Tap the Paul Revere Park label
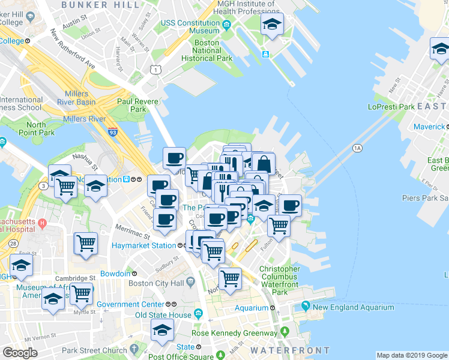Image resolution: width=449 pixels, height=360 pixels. (138, 106)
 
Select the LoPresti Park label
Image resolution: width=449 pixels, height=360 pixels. (391, 107)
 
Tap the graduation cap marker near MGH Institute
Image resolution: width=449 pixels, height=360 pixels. (271, 25)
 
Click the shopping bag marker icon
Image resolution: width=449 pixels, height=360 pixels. (263, 163)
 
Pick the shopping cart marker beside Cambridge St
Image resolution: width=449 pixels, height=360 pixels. (80, 293)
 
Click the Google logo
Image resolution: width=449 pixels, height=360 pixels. (20, 353)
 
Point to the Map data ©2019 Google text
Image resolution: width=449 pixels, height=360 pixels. (412, 355)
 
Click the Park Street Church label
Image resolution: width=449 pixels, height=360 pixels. (95, 350)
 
